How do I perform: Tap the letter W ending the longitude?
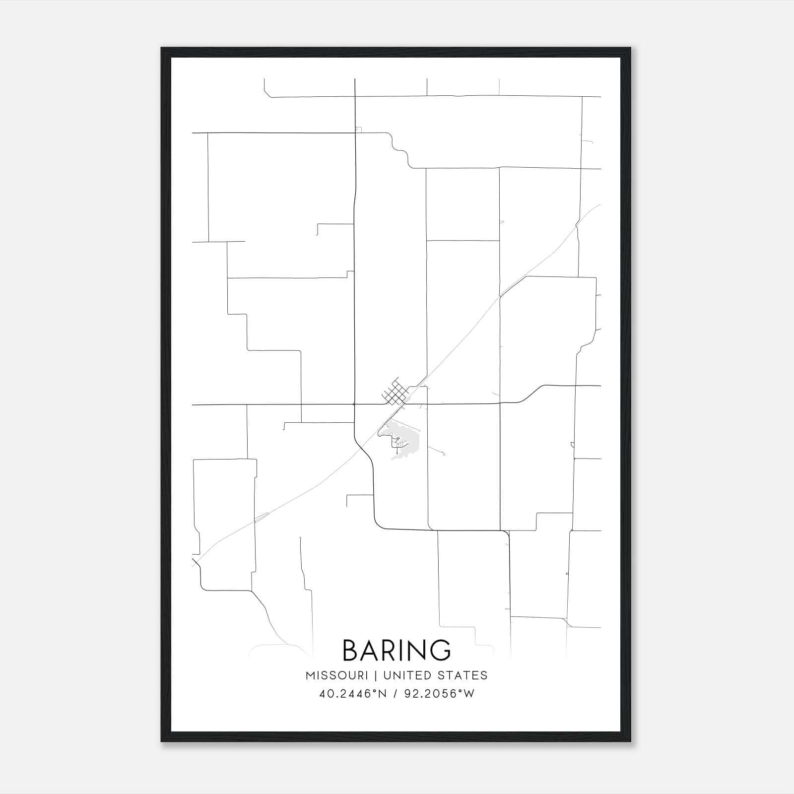469,694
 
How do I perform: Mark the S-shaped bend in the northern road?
400,150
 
